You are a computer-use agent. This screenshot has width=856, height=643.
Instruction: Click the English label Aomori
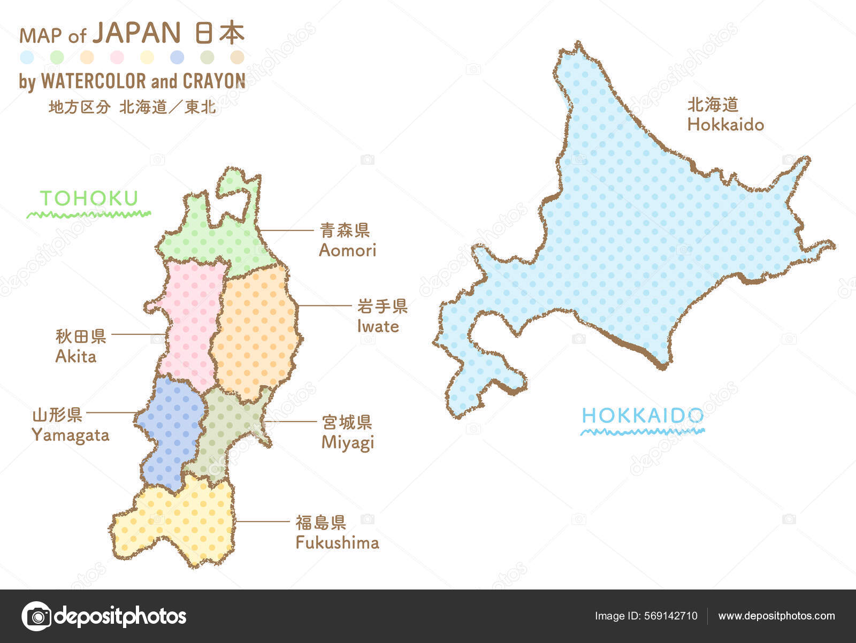[347, 250]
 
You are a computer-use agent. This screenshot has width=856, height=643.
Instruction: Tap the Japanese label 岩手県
[383, 307]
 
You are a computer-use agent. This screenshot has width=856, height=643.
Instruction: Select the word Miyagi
[347, 443]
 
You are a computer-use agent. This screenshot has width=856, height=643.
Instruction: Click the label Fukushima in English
[337, 543]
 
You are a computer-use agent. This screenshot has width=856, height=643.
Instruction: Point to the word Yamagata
[70, 435]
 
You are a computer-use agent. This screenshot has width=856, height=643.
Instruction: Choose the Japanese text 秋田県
[81, 336]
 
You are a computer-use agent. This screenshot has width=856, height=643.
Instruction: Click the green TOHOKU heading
[89, 198]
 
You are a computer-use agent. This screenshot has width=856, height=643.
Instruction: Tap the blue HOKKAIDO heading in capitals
[643, 416]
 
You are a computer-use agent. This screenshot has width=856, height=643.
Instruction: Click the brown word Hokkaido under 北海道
[725, 125]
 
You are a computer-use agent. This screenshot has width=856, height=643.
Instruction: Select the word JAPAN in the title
[137, 33]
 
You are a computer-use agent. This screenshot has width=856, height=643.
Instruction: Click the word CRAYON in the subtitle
[214, 81]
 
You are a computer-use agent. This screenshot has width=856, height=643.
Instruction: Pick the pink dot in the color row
[117, 57]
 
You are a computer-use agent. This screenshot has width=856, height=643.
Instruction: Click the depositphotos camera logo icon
[36, 616]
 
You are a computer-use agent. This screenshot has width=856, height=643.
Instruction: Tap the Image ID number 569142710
[671, 616]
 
